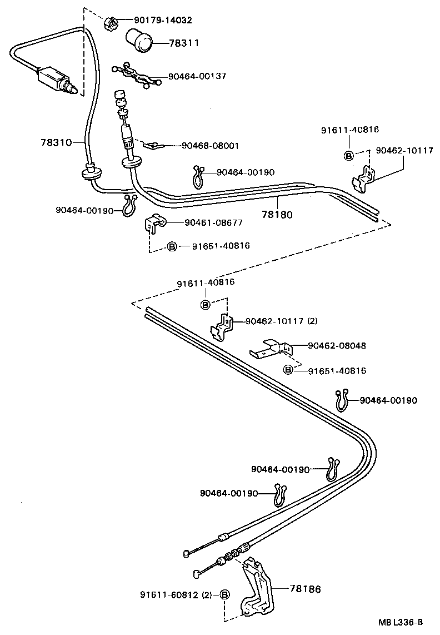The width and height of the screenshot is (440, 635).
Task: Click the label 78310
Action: tap(56, 142)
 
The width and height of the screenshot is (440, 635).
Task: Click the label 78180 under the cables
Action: tap(277, 214)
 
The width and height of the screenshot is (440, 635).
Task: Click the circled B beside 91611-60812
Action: tap(225, 595)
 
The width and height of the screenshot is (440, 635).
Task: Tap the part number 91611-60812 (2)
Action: tap(176, 595)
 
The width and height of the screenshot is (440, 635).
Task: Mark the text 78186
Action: tap(305, 587)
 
